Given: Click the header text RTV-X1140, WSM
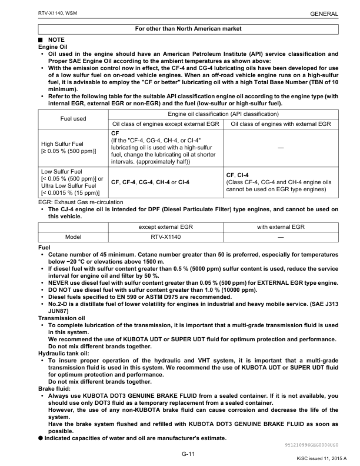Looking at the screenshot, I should (42, 12).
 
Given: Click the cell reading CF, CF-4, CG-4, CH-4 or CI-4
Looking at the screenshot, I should (150, 182).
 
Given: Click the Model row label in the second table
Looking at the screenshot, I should (73, 237).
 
